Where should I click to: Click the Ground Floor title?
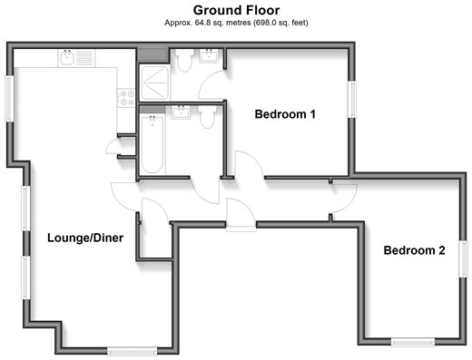point(236,10)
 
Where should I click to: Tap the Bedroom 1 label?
point(285,114)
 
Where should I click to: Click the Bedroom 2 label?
point(414,250)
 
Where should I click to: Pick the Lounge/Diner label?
point(85,238)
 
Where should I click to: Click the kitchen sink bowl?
point(67,57)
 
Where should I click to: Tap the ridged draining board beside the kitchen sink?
point(84,58)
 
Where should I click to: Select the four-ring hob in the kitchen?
point(126,98)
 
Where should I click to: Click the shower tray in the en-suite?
point(155,83)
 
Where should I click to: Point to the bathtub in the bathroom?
point(152,144)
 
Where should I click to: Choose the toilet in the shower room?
point(184,60)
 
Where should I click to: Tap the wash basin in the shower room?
point(209,56)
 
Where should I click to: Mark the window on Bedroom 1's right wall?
point(351,99)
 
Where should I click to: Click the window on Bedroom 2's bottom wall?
point(413,342)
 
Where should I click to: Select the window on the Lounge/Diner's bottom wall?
point(133,351)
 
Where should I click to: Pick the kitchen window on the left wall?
point(9,99)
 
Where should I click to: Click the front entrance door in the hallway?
point(241,215)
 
